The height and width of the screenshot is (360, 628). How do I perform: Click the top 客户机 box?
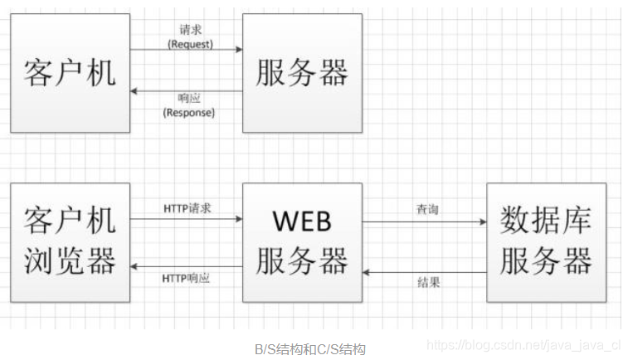click(71, 73)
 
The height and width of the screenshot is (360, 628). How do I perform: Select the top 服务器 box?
click(302, 73)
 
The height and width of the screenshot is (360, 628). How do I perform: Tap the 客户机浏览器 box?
click(71, 243)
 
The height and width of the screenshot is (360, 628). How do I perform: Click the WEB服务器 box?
click(302, 243)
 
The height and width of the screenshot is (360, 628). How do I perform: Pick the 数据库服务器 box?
click(546, 243)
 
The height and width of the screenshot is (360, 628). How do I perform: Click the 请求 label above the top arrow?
click(190, 30)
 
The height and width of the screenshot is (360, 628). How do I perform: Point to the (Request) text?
click(190, 44)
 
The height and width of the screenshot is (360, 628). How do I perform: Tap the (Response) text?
click(189, 112)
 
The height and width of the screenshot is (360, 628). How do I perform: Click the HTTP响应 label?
click(187, 278)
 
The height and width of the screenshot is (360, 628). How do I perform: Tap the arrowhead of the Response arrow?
click(136, 91)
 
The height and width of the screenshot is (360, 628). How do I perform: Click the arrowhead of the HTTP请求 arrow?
click(237, 220)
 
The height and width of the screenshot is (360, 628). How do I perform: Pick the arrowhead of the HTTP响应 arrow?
click(136, 266)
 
